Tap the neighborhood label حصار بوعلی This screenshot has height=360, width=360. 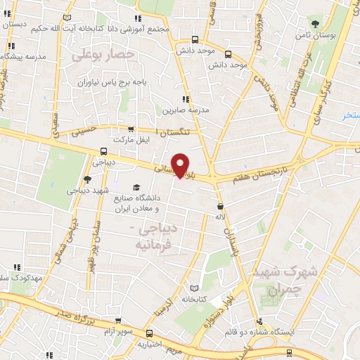pos(107,53)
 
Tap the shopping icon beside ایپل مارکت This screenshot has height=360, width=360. pos(131,129)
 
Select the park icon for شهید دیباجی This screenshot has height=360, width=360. pos(87,179)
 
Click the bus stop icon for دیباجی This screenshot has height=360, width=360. pos(104,150)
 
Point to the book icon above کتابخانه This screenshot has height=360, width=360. pos(195,288)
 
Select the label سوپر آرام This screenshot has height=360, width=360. pos(120,330)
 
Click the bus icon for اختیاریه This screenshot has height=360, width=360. pos(148,333)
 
